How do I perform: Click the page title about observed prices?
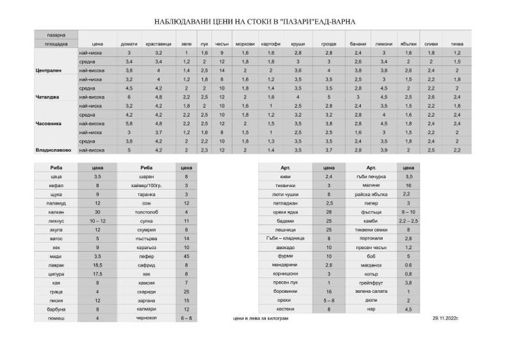coord(254,21)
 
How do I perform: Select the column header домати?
coord(128,44)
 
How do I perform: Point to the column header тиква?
coord(457,44)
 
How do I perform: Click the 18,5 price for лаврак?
coord(98,264)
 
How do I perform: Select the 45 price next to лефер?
coord(186,255)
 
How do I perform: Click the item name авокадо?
coord(284,247)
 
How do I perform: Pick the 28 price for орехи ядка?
coord(328,211)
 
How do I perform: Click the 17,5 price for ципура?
coord(98,273)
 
